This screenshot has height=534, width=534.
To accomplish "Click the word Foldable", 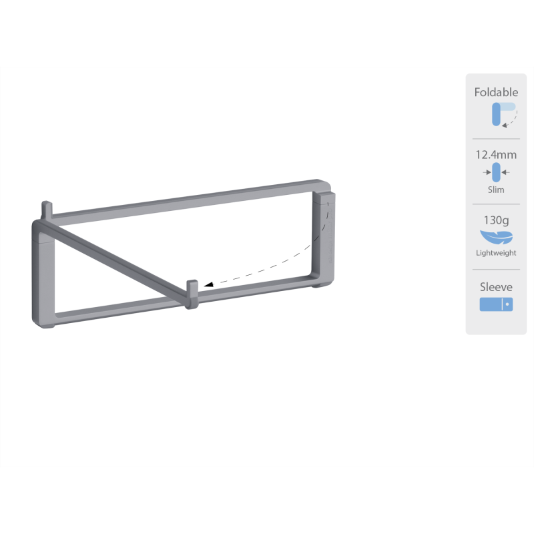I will tap(496, 92).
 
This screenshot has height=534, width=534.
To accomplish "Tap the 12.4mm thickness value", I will tap(496, 155).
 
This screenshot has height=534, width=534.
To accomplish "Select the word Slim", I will tap(496, 190).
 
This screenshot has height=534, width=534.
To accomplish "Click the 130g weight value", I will tap(496, 220).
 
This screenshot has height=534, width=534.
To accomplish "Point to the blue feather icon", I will tap(495, 238).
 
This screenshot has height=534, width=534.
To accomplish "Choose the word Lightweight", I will tap(496, 253).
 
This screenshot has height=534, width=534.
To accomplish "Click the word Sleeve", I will tap(496, 287).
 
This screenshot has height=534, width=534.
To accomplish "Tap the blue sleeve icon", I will tap(496, 304).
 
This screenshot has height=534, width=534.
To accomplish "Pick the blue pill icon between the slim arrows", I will tap(496, 172).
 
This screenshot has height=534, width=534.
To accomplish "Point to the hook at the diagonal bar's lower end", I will tap(192, 294).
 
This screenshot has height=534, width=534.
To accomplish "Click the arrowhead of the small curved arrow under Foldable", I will tap(504, 125).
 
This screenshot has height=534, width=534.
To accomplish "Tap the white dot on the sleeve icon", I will tap(507, 304).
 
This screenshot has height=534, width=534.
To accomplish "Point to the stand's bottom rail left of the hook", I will tap(120, 308).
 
